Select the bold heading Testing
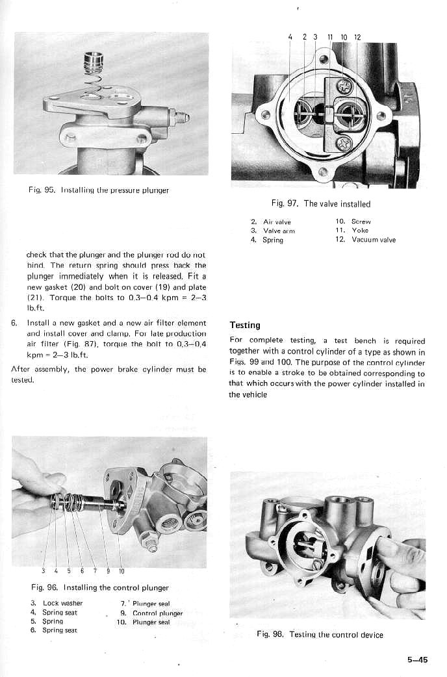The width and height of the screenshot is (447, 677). point(245,325)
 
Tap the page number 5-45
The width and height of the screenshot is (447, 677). point(418,659)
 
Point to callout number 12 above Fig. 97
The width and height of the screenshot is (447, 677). point(357,37)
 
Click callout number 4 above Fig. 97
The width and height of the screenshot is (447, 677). point(289,37)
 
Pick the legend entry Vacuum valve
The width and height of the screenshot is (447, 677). point(374,240)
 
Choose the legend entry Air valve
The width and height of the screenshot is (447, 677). point(277,222)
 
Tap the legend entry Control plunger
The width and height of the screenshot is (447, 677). point(157,613)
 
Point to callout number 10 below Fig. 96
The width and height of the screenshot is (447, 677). point(121,572)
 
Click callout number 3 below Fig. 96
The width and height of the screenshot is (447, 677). point(43,572)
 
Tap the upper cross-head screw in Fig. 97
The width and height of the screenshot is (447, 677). point(344,85)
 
